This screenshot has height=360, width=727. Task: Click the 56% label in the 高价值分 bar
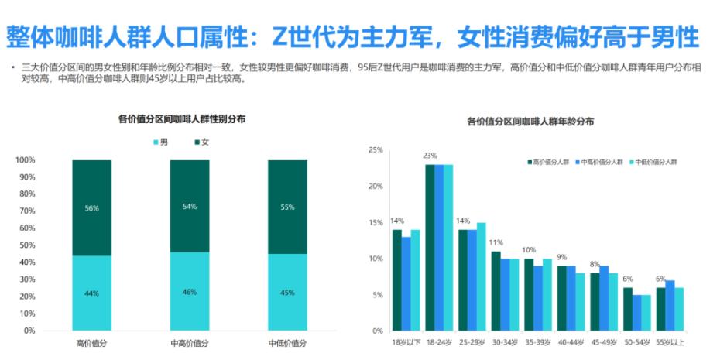pos(91,208)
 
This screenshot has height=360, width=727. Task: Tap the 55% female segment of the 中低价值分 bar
pos(286,207)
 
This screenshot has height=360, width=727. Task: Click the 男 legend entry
pos(160,142)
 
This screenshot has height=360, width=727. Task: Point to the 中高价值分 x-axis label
pos(190,342)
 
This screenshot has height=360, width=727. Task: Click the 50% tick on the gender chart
pos(26,245)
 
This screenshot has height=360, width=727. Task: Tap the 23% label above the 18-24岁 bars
pos(430,156)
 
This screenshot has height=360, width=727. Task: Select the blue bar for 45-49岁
pos(604,298)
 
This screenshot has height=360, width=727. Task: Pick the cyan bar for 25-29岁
pos(481,276)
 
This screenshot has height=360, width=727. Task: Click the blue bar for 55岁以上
pos(670,305)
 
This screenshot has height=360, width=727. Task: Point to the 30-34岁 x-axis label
pos(506,341)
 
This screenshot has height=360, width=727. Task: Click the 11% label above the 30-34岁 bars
pos(496,242)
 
